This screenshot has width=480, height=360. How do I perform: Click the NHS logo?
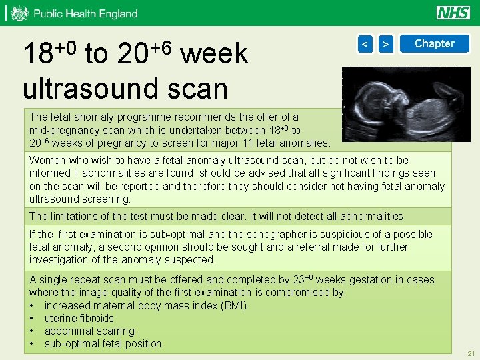(453, 13)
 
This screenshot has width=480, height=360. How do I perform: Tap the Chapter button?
(434, 44)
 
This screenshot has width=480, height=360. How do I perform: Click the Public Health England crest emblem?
(21, 13)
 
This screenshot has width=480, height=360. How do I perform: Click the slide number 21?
(471, 353)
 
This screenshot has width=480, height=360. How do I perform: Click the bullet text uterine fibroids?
(79, 318)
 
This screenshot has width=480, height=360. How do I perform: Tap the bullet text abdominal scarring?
(89, 331)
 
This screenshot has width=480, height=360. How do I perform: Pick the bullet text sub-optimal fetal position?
(103, 343)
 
